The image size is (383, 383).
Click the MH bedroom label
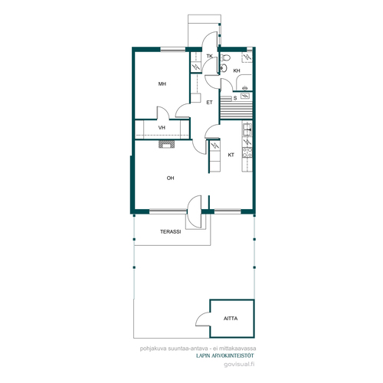pos(162,83)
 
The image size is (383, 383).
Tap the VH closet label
pos(162,127)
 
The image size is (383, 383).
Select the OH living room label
pos(170,178)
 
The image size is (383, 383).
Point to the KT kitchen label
pos(231,155)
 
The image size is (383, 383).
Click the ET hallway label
pos(209,103)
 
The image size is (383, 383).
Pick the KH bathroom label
pos(237,70)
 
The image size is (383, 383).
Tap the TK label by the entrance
pos(210,56)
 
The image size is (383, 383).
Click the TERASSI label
pos(171,231)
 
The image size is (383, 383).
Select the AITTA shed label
pos(231,319)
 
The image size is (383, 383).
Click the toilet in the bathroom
pos(225,57)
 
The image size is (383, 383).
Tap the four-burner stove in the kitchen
pos(247,152)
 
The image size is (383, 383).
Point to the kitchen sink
pos(247,129)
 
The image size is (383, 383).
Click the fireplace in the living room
pos(167,144)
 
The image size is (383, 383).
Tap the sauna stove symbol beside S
pos(245,96)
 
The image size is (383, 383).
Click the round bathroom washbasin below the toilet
pos(224,67)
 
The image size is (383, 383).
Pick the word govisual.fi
pos(239,365)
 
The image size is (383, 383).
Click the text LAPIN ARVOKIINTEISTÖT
pos(225,355)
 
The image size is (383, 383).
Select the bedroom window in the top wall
pos(173,50)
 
